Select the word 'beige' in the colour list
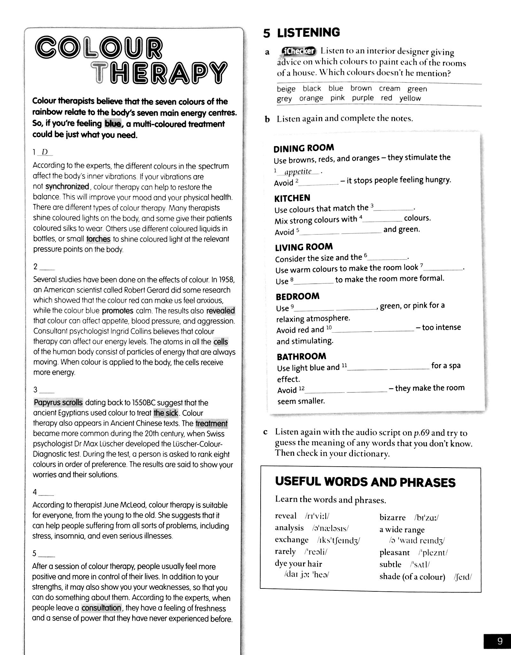[286, 89]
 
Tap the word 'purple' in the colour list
[362, 98]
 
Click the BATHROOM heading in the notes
[301, 356]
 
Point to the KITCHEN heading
[292, 198]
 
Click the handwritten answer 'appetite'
[298, 172]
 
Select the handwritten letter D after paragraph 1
[45, 152]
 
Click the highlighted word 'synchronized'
[67, 187]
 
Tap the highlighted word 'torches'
[98, 239]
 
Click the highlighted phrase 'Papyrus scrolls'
[58, 402]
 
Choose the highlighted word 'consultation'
[101, 608]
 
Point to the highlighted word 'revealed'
[220, 311]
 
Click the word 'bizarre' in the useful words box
[392, 517]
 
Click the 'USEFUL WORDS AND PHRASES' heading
[365, 482]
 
